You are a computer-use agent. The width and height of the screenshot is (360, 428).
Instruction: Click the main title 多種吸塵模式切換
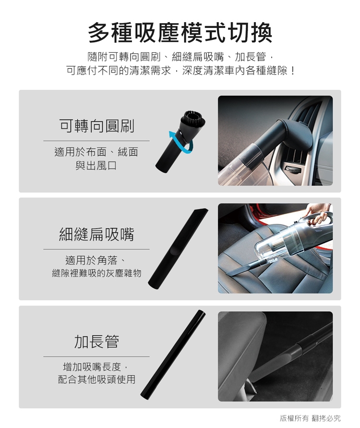pos(180,33)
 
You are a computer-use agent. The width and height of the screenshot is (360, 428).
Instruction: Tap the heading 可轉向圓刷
pos(96,126)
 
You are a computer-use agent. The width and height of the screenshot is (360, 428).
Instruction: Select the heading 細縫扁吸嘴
pos(96,234)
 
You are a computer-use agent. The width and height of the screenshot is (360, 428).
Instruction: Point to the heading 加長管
pos(96,342)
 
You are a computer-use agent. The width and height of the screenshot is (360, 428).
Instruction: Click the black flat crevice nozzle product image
pos(178,249)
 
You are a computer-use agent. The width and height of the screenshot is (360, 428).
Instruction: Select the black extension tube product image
pos(173,355)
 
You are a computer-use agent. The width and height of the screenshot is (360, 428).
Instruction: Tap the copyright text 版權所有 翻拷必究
pos(310,418)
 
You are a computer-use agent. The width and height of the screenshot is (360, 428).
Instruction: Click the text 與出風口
pos(96,165)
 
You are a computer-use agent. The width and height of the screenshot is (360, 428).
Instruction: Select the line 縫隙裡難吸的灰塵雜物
pos(96,273)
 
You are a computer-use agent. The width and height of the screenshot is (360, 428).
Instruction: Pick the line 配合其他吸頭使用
pos(96,379)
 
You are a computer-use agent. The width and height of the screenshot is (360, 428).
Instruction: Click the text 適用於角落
pos(91,260)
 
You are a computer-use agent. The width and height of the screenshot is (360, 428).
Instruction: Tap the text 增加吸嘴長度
pos(92,367)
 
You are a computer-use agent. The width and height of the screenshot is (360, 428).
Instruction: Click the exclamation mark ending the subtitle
pos(293,71)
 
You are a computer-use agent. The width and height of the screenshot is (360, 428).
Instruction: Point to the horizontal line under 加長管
pos(96,356)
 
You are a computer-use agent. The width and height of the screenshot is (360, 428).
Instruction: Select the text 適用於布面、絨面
pos(96,152)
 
